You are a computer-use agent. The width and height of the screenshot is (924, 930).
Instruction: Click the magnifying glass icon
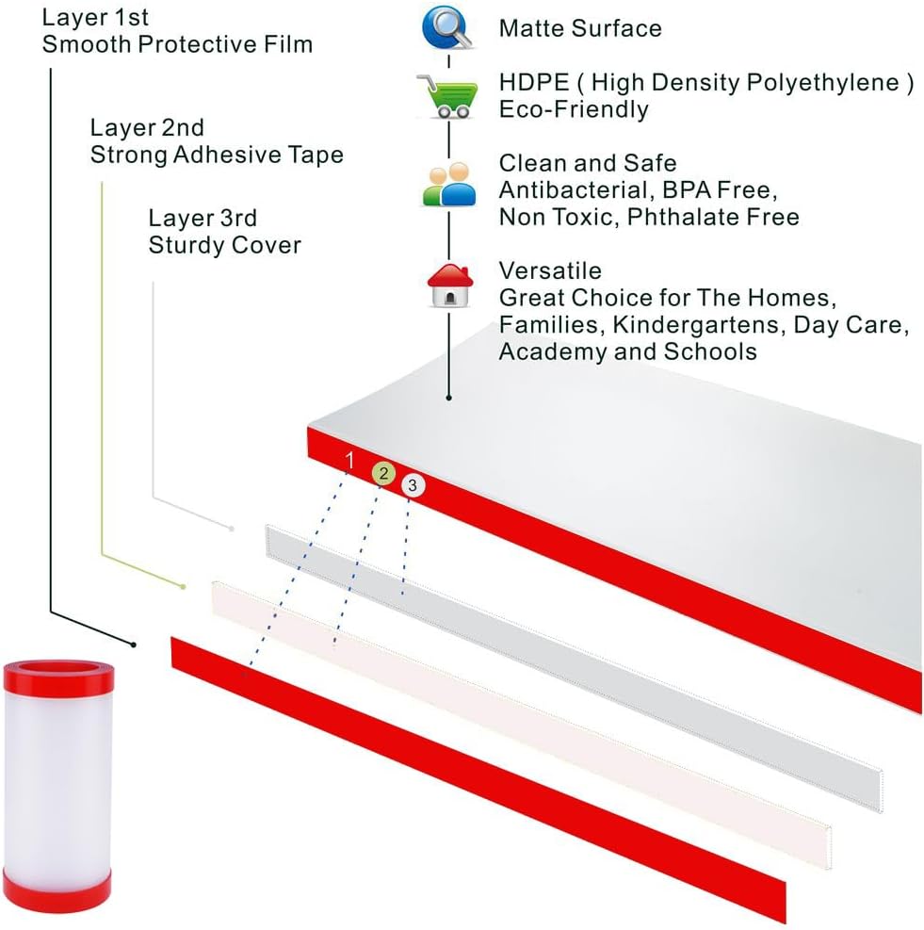447,28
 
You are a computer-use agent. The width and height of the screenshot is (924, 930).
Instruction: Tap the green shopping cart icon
446,95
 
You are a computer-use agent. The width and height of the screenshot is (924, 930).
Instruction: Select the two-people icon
447,185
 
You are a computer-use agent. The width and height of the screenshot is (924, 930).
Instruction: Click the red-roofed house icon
447,286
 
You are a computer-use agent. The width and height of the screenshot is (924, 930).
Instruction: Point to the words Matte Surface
580,28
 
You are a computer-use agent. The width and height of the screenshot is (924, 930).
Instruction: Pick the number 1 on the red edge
350,461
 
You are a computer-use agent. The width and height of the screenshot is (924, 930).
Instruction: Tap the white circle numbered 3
413,485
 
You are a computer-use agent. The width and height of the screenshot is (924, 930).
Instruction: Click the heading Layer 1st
95,18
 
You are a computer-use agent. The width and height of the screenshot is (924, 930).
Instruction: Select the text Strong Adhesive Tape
217,155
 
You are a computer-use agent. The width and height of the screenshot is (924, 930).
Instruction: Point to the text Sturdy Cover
224,246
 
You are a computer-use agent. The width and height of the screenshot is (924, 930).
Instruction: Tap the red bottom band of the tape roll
57,889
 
